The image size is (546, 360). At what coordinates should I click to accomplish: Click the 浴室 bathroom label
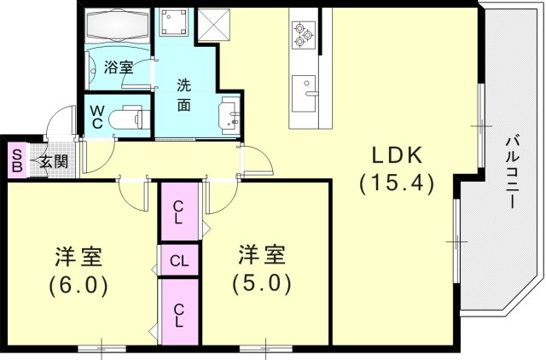pos(119,67)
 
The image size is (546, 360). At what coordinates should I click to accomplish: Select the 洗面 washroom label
pos(183,95)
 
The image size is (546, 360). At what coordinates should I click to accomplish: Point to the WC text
pos(97,116)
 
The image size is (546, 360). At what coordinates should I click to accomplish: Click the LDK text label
pos(397,155)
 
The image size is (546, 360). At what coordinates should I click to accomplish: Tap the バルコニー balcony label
pos(511,171)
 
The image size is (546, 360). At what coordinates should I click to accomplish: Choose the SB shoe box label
pos(15,160)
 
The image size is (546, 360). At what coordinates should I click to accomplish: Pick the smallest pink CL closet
pos(179,260)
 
